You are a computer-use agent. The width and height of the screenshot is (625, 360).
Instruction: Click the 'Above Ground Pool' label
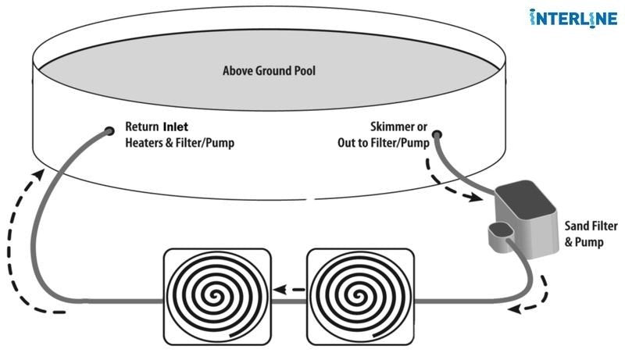269,71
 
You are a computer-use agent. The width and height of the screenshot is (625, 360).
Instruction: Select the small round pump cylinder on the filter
498,230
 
